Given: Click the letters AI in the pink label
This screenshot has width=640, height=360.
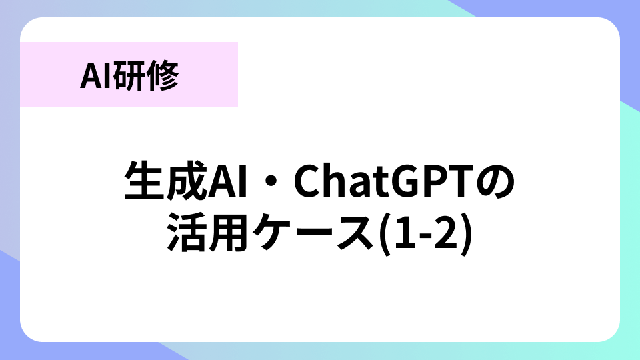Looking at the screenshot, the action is [x=96, y=76].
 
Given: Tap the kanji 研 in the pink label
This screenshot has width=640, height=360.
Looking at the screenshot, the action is [x=129, y=75].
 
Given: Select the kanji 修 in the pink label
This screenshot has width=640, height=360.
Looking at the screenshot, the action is [x=162, y=75].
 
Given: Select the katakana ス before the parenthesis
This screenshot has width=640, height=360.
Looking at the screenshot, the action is [x=354, y=233].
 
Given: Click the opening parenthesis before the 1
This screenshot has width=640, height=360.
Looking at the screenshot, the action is [x=385, y=234].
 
